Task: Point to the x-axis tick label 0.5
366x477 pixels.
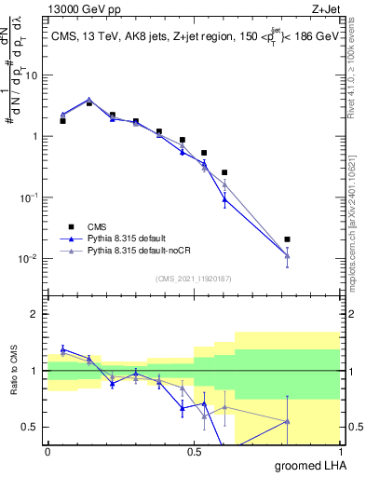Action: click(x=194, y=451)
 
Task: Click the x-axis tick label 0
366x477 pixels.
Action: click(x=47, y=451)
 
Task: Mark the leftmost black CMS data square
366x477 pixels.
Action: click(x=62, y=121)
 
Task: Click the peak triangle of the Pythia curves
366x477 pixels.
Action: click(x=88, y=99)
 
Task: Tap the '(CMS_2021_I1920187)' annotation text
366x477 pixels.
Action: click(x=194, y=279)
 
